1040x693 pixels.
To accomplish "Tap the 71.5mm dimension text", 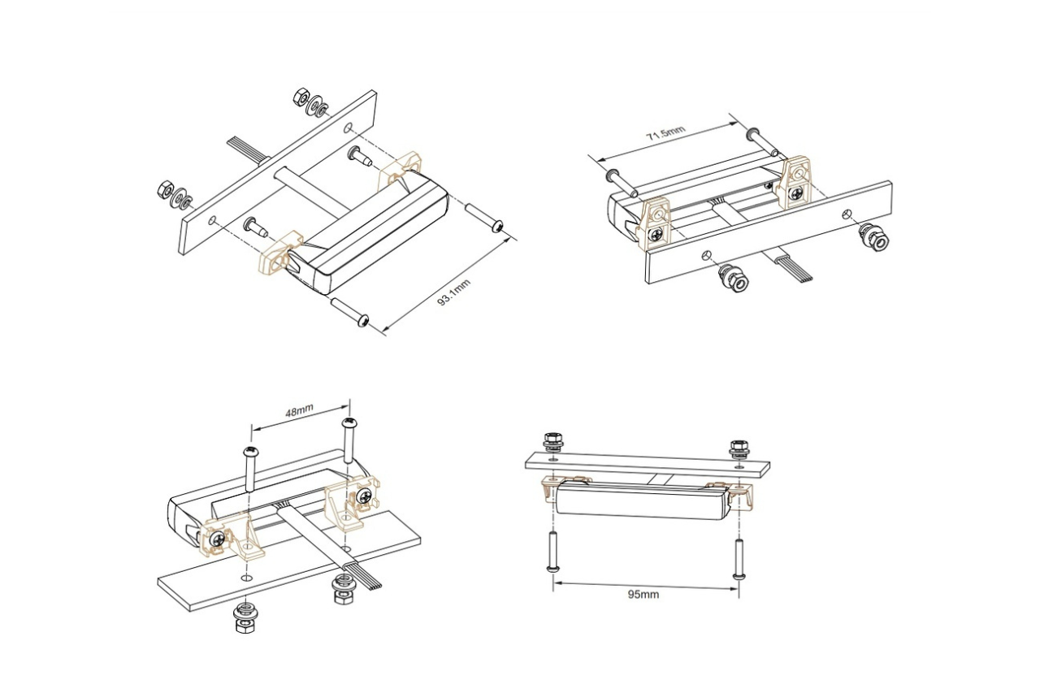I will [665, 134].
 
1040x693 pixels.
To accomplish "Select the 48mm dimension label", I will [299, 413].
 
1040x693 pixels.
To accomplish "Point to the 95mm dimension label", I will [643, 594].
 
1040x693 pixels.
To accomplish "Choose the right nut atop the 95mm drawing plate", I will [739, 446].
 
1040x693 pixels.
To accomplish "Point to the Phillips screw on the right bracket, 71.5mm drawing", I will [799, 193].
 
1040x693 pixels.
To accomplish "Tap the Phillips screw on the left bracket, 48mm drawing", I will [216, 538].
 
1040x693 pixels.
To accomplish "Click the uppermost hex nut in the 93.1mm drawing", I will [298, 96].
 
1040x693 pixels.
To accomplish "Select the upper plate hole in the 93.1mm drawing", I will [349, 128].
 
